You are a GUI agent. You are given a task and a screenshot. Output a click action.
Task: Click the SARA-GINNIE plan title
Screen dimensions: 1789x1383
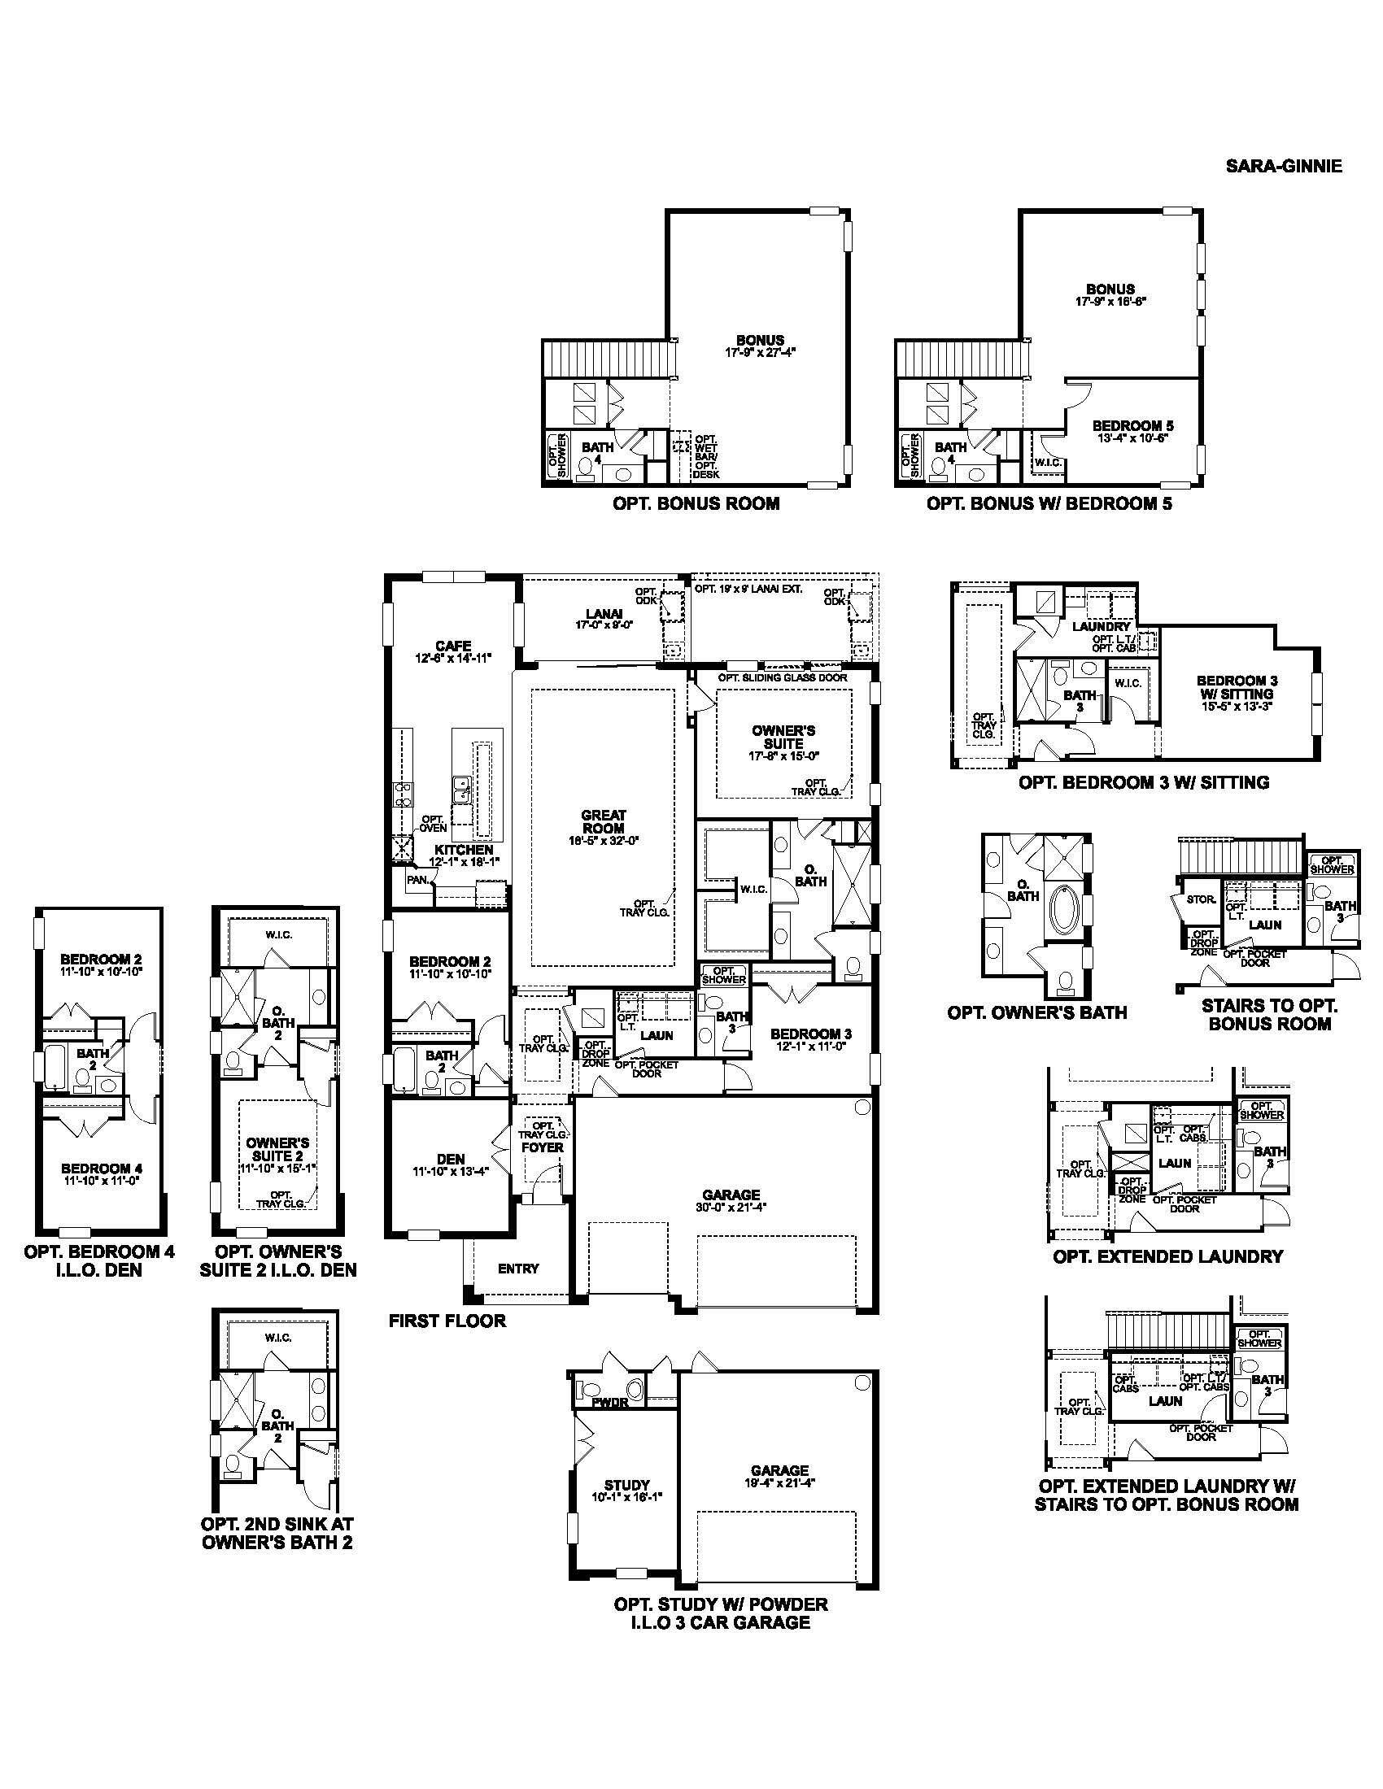click(x=1283, y=166)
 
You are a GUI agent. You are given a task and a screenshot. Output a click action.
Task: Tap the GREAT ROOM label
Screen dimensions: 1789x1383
click(x=603, y=821)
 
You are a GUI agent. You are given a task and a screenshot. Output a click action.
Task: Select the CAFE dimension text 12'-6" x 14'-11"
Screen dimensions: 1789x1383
click(x=453, y=658)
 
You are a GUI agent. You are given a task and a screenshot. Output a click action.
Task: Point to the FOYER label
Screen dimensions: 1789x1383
click(x=543, y=1147)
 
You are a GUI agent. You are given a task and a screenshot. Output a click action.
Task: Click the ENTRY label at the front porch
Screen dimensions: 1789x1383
click(x=519, y=1269)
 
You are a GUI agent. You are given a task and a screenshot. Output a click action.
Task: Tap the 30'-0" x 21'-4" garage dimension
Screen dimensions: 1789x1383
click(x=731, y=1207)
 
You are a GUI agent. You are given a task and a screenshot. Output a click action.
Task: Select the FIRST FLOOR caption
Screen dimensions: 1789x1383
click(x=447, y=1321)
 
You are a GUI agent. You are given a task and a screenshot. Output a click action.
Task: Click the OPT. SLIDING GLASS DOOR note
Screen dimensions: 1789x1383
click(x=783, y=677)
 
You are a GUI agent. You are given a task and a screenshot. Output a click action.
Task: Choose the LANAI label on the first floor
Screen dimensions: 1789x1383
click(x=604, y=613)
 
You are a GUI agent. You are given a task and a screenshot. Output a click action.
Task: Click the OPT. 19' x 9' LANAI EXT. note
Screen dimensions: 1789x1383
click(x=747, y=588)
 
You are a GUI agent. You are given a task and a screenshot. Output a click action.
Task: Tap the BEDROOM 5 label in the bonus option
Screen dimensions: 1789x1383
click(x=1132, y=426)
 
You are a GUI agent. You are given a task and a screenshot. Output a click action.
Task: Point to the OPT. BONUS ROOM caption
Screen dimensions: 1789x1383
click(x=696, y=503)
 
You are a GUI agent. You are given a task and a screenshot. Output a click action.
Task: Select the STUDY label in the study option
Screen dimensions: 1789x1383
click(x=626, y=1485)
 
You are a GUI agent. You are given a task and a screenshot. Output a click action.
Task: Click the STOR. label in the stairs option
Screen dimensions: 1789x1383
click(x=1200, y=899)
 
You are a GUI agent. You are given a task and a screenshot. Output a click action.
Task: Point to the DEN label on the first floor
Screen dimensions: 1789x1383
click(x=451, y=1159)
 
